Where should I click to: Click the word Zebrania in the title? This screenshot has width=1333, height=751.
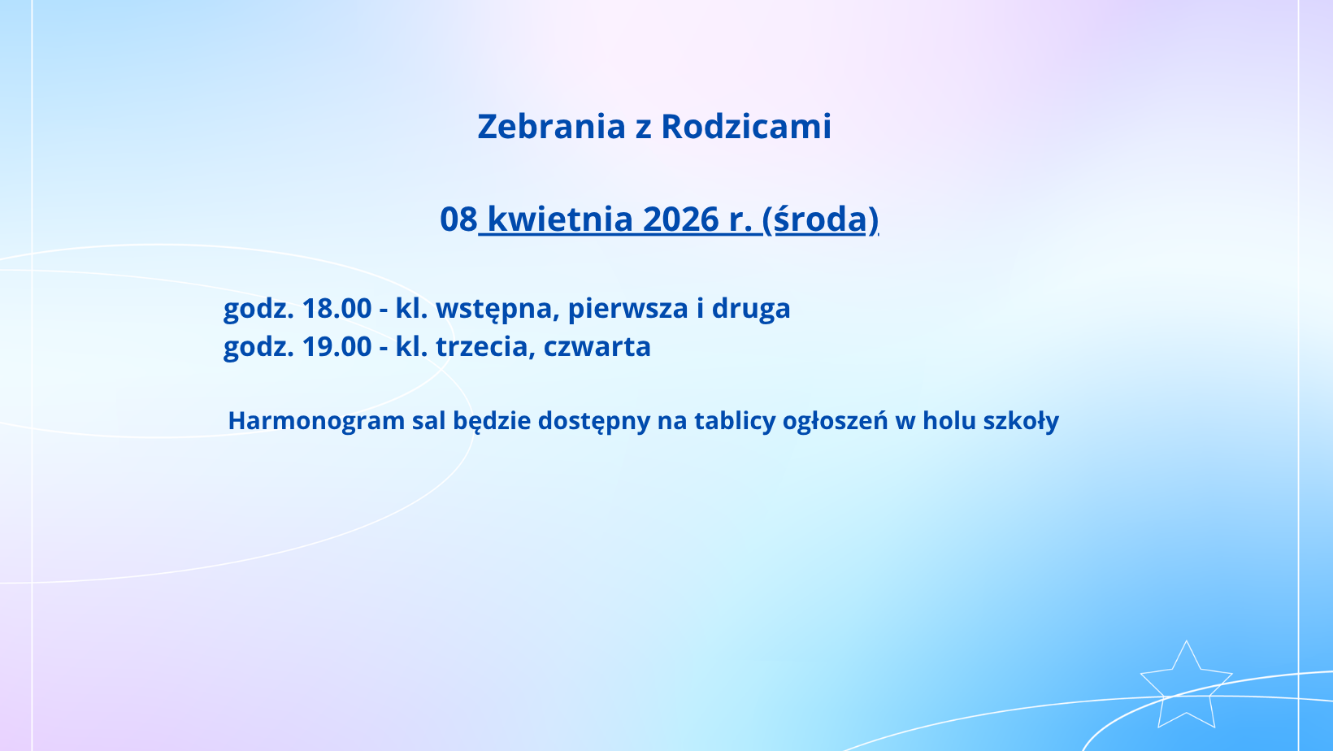(x=552, y=127)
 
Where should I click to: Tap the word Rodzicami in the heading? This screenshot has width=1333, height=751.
(x=746, y=127)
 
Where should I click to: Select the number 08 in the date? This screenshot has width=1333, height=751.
(x=458, y=219)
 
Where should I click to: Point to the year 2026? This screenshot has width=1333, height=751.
(x=681, y=219)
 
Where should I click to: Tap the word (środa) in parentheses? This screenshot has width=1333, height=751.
(x=820, y=219)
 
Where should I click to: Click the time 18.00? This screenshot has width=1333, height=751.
(x=337, y=308)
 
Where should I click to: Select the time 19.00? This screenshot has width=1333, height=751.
(x=337, y=346)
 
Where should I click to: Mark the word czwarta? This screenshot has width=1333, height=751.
(x=597, y=347)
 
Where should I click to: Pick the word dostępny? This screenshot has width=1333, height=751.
(x=594, y=421)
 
